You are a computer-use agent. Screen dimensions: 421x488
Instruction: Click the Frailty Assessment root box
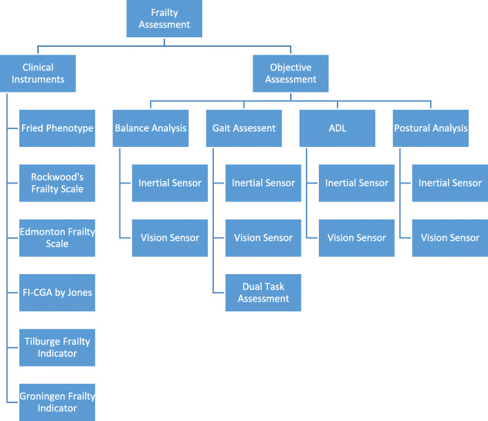click(164, 19)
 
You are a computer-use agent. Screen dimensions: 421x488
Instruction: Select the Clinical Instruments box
click(38, 74)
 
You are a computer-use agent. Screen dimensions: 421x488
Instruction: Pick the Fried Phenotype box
click(57, 128)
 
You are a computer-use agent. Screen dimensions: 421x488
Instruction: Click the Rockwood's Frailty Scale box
click(57, 183)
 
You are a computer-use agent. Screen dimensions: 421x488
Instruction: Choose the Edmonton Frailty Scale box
click(57, 237)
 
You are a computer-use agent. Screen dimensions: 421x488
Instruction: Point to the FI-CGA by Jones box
click(57, 293)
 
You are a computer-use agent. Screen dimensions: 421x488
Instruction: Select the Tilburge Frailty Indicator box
click(57, 347)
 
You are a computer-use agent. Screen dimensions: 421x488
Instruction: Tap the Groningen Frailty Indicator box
click(57, 402)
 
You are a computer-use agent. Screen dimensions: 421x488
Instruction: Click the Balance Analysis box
click(151, 128)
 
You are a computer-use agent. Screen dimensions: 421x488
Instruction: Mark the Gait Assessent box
click(244, 128)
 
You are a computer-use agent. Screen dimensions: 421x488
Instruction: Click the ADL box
click(338, 128)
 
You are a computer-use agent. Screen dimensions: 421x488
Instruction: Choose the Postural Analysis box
click(431, 128)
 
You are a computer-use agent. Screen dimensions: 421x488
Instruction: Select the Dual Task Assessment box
click(264, 293)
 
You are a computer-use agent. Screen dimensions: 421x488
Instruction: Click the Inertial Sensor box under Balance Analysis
click(170, 183)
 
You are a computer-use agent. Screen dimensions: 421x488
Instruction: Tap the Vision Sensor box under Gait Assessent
click(264, 237)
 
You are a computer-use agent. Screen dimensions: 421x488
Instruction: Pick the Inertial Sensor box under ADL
click(357, 183)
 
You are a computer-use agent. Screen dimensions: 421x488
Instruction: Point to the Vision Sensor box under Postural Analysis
click(450, 237)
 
